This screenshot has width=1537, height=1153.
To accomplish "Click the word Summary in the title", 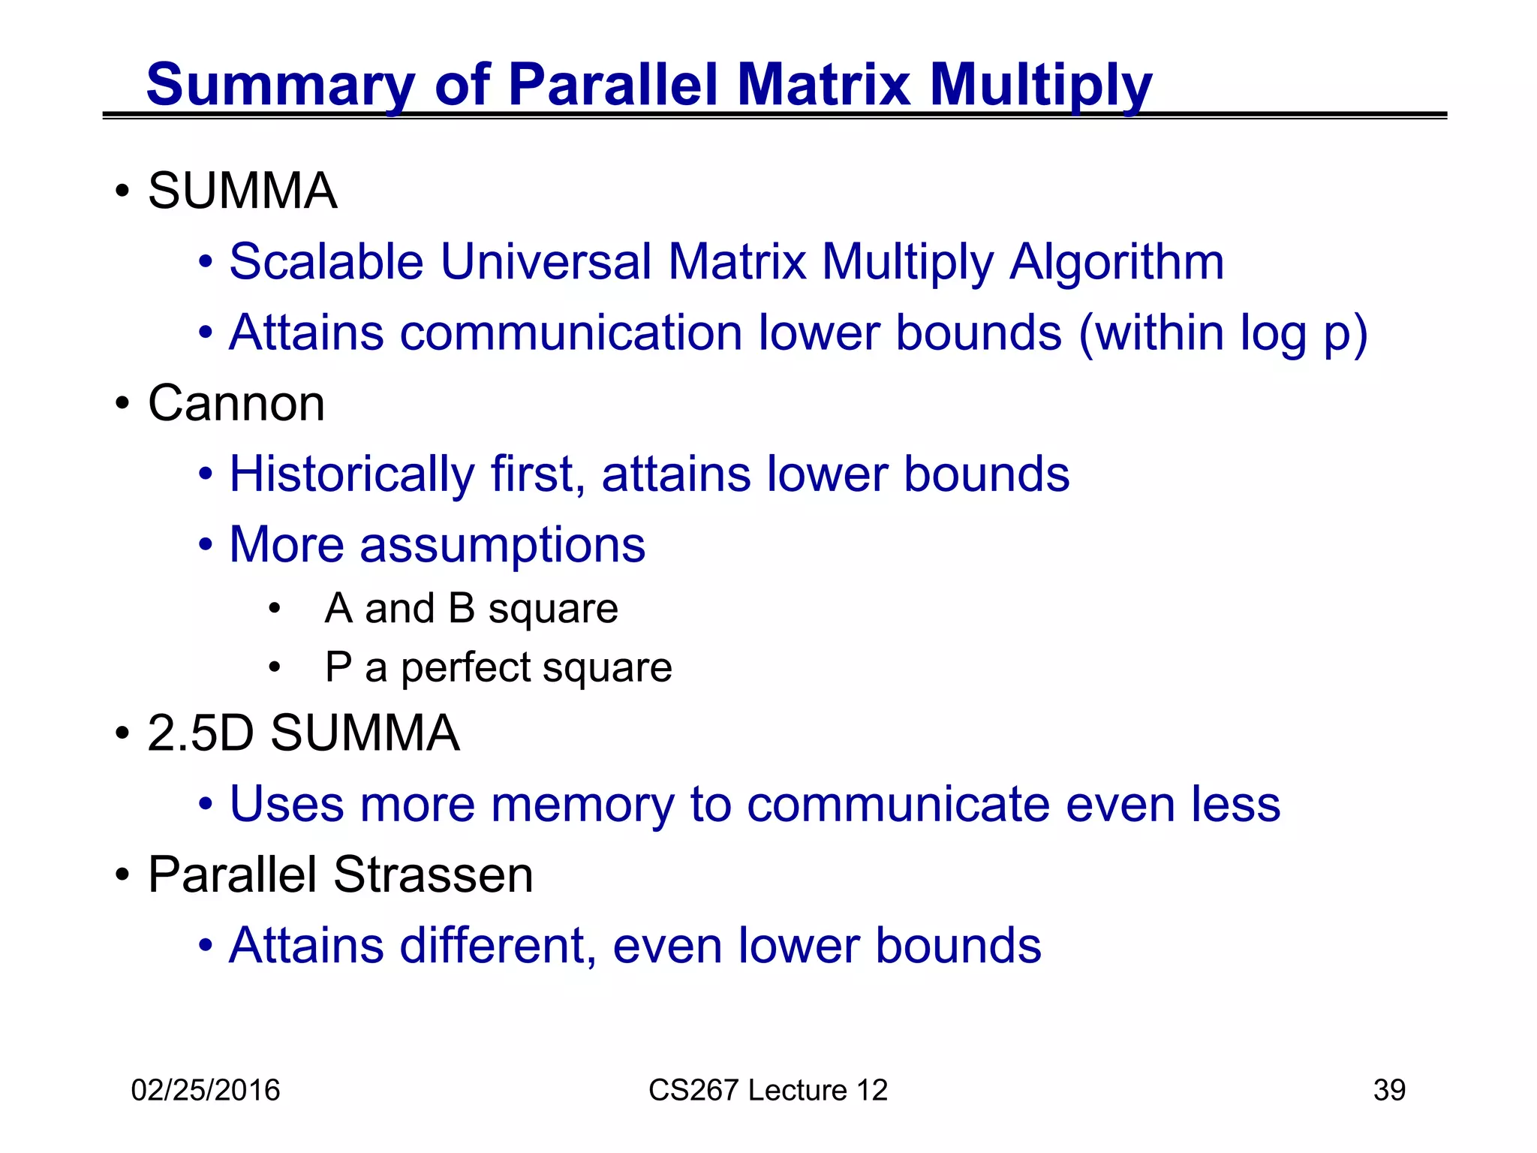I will (x=279, y=85).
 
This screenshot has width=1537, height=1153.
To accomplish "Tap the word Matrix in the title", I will (x=823, y=85).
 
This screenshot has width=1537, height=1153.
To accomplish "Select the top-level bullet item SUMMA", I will (x=242, y=191).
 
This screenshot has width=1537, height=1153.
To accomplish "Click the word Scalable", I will (x=326, y=262).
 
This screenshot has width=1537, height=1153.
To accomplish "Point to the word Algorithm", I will (x=1116, y=262).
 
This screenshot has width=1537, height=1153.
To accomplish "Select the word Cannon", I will (x=236, y=404).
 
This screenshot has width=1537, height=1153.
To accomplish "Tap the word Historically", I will (x=351, y=474).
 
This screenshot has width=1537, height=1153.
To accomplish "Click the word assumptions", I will (x=502, y=545).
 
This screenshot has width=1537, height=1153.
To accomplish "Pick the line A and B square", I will (x=471, y=608).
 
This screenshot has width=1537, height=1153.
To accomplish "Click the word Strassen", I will (x=433, y=875).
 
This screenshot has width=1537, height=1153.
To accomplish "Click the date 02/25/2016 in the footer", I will (x=205, y=1090).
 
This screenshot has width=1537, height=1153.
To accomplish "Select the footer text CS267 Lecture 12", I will (x=768, y=1090).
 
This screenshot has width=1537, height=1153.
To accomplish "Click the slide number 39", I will (x=1389, y=1090).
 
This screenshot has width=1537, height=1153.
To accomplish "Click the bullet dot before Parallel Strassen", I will (x=122, y=875).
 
